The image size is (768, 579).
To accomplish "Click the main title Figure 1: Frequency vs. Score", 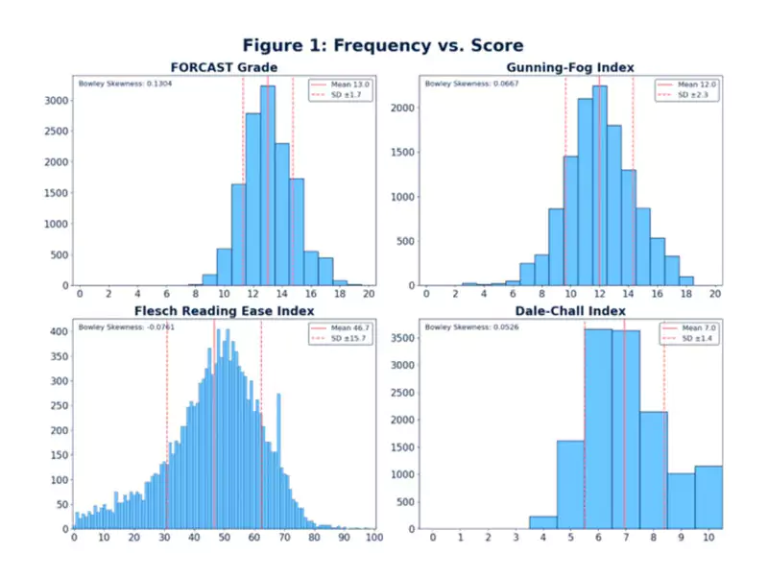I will (x=383, y=46).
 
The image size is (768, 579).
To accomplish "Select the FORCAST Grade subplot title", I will (x=225, y=68).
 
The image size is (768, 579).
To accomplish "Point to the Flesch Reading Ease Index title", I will (x=225, y=312).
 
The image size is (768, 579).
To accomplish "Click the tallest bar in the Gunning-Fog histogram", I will (x=599, y=187).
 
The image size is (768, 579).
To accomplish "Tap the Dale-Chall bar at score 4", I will (x=542, y=522).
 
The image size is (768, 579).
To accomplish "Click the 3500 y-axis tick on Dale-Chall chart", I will (x=403, y=338).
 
